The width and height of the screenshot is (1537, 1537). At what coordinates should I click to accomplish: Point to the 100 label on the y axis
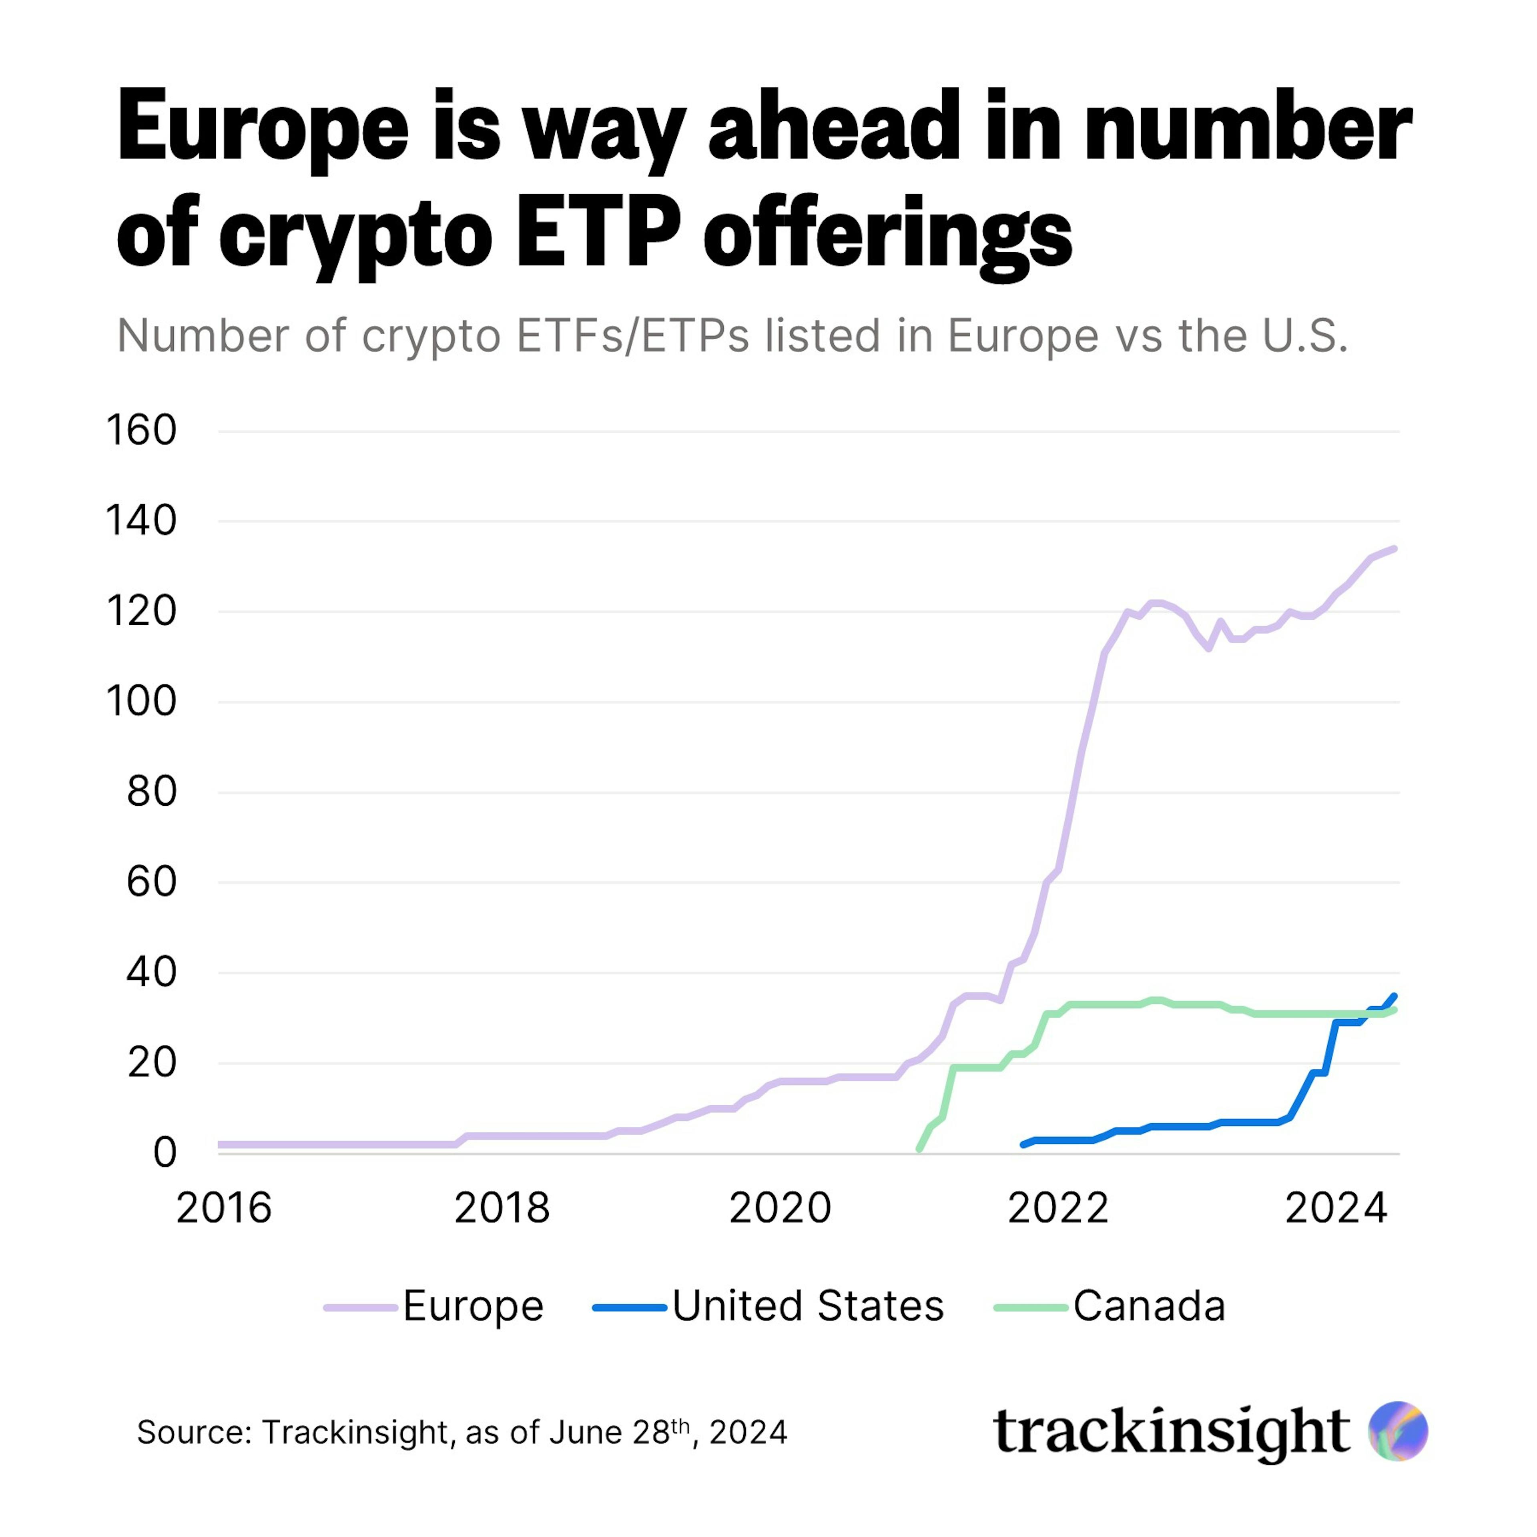click(141, 702)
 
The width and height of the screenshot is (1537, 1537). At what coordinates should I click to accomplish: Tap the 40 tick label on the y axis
click(151, 972)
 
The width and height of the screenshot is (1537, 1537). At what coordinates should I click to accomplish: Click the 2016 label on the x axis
click(224, 1208)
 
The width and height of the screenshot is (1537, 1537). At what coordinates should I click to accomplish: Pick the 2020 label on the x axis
click(780, 1208)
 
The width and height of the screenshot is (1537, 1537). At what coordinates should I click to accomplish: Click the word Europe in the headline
click(263, 127)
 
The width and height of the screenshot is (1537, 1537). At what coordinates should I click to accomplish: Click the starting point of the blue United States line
click(1023, 1145)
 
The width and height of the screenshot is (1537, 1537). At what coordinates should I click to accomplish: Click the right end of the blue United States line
click(1395, 995)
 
